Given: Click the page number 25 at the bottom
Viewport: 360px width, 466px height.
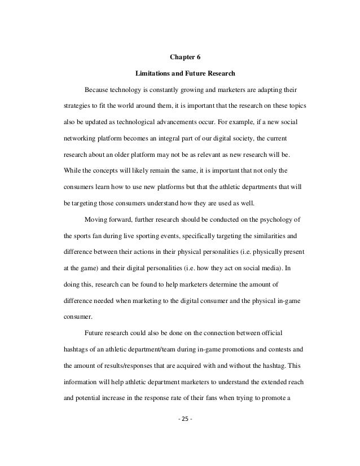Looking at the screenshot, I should (x=180, y=420).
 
